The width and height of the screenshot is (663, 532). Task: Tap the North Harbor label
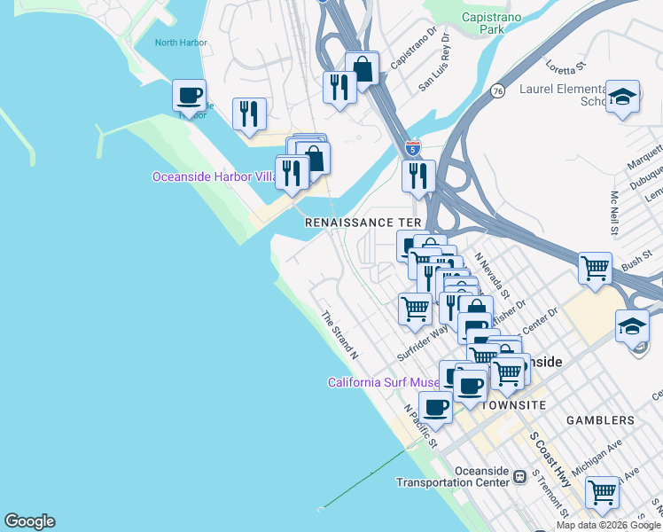coord(180,43)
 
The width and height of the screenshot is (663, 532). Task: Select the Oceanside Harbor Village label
coord(215,176)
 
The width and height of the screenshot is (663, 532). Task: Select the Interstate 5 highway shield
coord(412,147)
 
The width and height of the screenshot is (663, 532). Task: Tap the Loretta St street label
coord(568,67)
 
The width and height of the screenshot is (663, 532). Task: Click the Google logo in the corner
coord(29,521)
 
